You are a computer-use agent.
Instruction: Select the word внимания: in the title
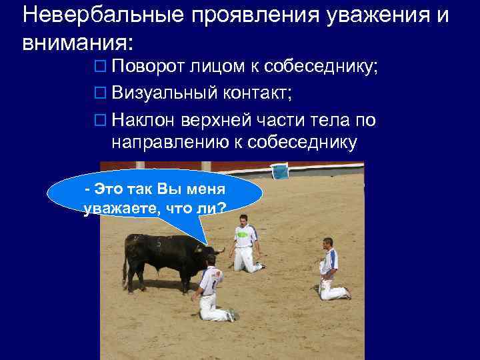78,43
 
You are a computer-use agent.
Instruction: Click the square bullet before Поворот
101,67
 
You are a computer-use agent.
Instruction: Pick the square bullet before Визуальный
101,95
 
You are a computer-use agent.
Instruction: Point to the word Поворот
147,67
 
